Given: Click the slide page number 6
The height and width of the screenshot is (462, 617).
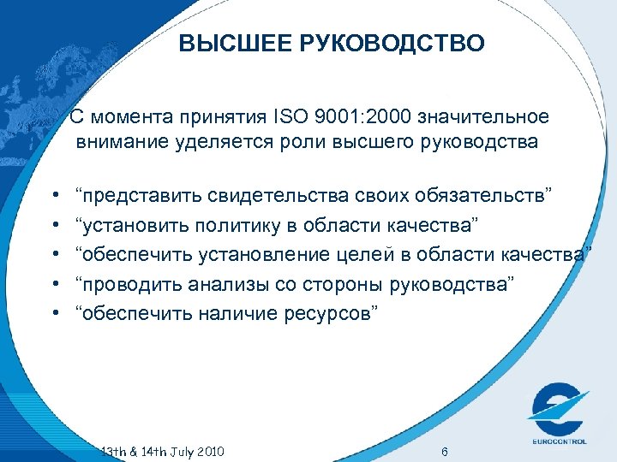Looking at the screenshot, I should click(x=443, y=452).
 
